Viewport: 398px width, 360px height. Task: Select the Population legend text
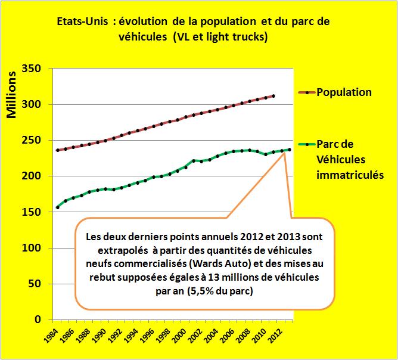coord(344,92)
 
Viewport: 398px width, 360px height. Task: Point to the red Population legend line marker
coord(306,92)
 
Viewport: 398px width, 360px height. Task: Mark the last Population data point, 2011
coord(273,96)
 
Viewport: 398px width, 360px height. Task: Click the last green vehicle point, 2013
coord(290,150)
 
